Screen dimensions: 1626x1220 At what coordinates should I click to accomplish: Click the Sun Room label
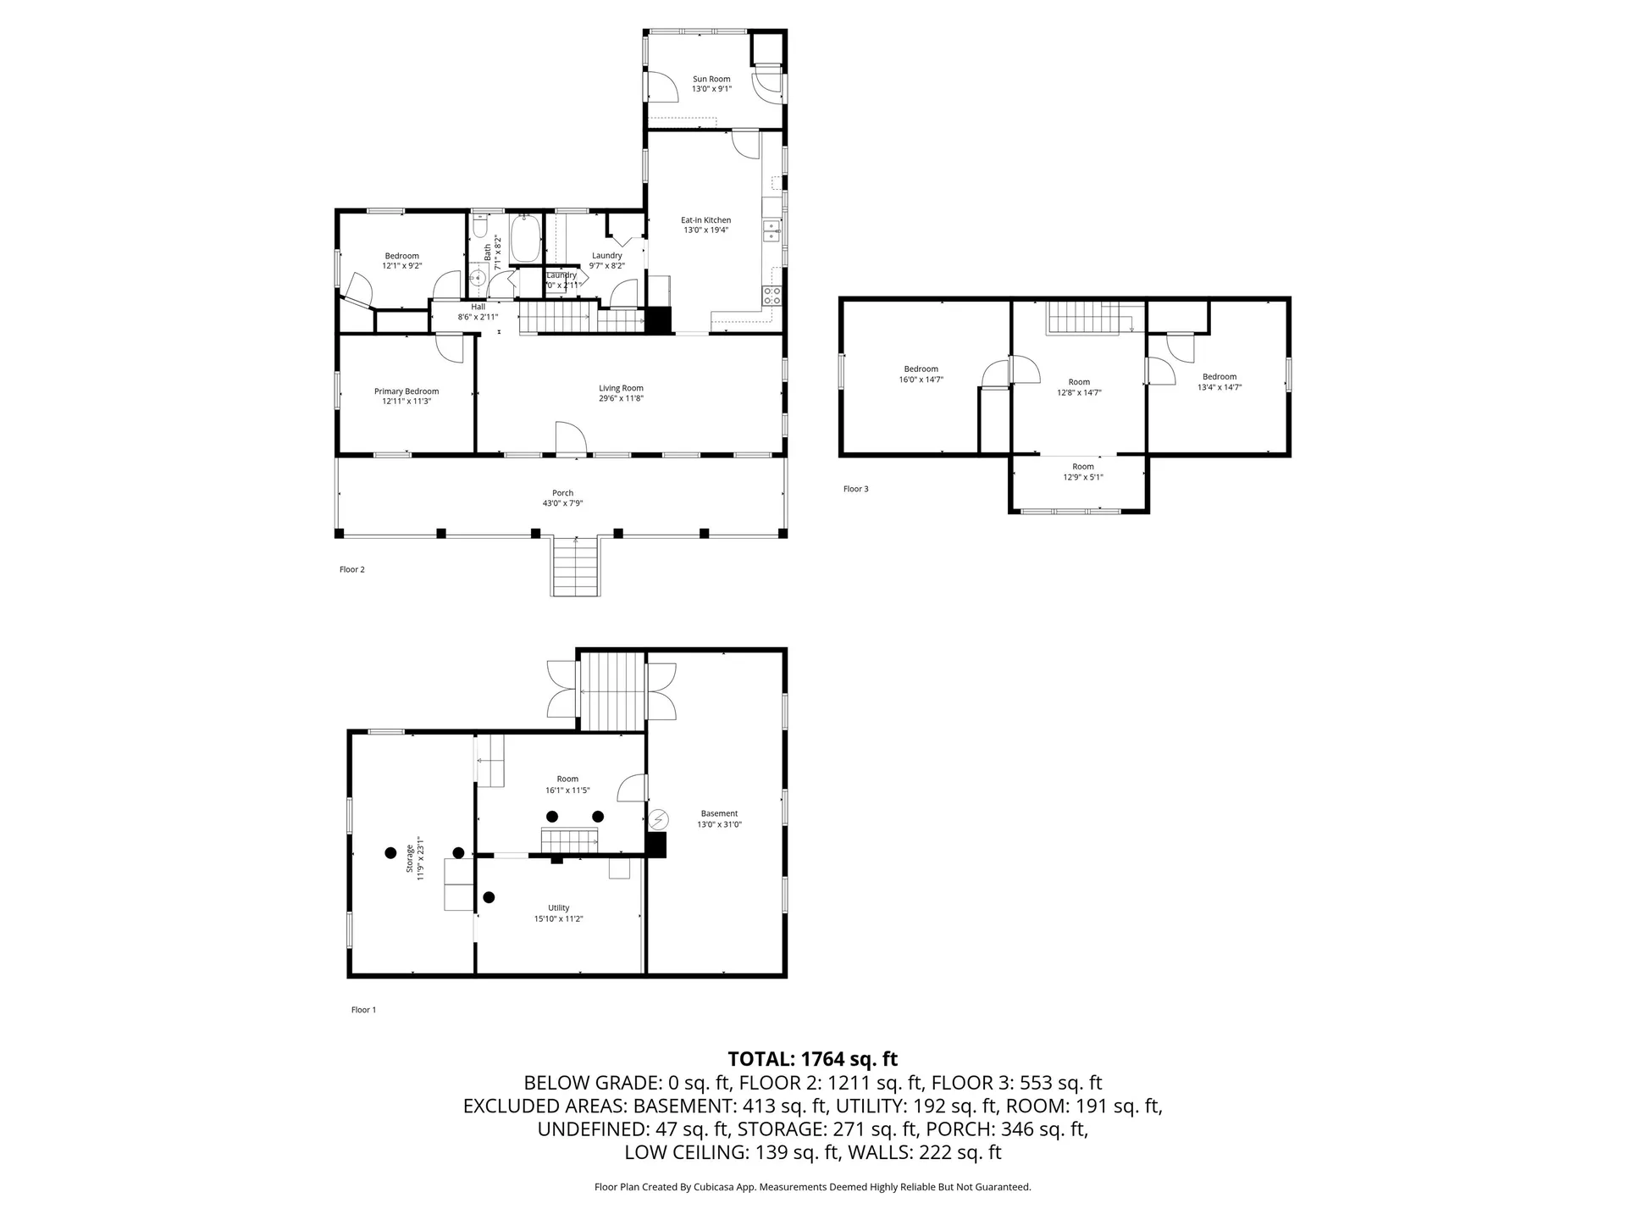[711, 79]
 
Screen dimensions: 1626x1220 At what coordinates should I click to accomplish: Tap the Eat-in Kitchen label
[706, 220]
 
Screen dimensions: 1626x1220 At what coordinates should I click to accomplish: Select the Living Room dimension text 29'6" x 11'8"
[622, 398]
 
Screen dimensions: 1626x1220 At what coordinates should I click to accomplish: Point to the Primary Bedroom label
[406, 391]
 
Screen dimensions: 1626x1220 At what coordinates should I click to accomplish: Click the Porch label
[563, 493]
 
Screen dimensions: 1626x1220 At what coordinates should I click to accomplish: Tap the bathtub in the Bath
[526, 239]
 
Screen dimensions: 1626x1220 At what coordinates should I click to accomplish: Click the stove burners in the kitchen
[772, 295]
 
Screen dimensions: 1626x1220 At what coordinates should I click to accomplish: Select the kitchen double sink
[772, 230]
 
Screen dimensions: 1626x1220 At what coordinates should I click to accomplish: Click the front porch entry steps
[577, 566]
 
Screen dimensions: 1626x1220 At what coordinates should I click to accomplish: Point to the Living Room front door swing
[571, 437]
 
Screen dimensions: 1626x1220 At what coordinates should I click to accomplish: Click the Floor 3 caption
[855, 489]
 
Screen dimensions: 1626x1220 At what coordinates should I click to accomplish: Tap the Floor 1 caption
[363, 1010]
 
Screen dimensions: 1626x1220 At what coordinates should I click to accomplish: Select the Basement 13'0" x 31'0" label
[719, 818]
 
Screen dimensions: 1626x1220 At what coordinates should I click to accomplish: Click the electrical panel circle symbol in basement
[659, 819]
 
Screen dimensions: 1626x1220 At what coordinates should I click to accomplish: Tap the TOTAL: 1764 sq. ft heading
[813, 1059]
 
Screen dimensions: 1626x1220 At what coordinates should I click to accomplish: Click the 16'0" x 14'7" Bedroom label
[921, 374]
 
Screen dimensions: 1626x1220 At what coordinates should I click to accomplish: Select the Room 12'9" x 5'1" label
[1083, 472]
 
